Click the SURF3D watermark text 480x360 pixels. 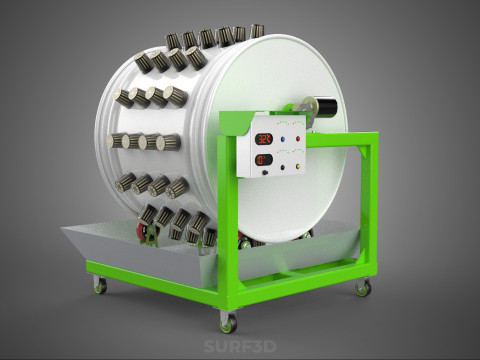click(x=240, y=346)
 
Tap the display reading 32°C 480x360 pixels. click(x=264, y=139)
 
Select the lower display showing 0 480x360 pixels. click(x=264, y=160)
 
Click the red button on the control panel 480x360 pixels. click(x=298, y=139)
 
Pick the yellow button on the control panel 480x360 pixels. click(x=298, y=166)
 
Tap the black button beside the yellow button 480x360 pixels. click(x=283, y=167)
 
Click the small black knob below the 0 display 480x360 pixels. click(x=265, y=172)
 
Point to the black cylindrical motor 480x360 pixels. click(x=327, y=107)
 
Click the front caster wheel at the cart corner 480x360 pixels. click(x=228, y=323)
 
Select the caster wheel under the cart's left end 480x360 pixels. click(x=100, y=285)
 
